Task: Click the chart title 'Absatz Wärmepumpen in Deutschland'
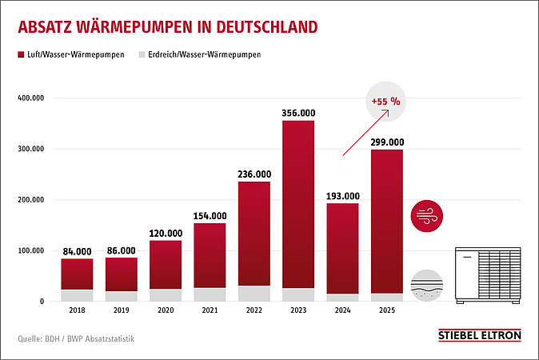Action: [x=167, y=26]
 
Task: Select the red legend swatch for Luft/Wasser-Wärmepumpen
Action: [x=22, y=55]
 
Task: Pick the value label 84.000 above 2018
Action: [x=77, y=251]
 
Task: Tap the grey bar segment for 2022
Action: [x=254, y=294]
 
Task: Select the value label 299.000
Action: [x=387, y=142]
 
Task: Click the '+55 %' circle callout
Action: [x=387, y=102]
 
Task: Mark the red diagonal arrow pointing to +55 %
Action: [x=365, y=133]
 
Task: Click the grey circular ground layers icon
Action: [x=427, y=286]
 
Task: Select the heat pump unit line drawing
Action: [x=488, y=276]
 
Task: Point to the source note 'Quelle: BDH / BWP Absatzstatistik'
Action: [x=76, y=339]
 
